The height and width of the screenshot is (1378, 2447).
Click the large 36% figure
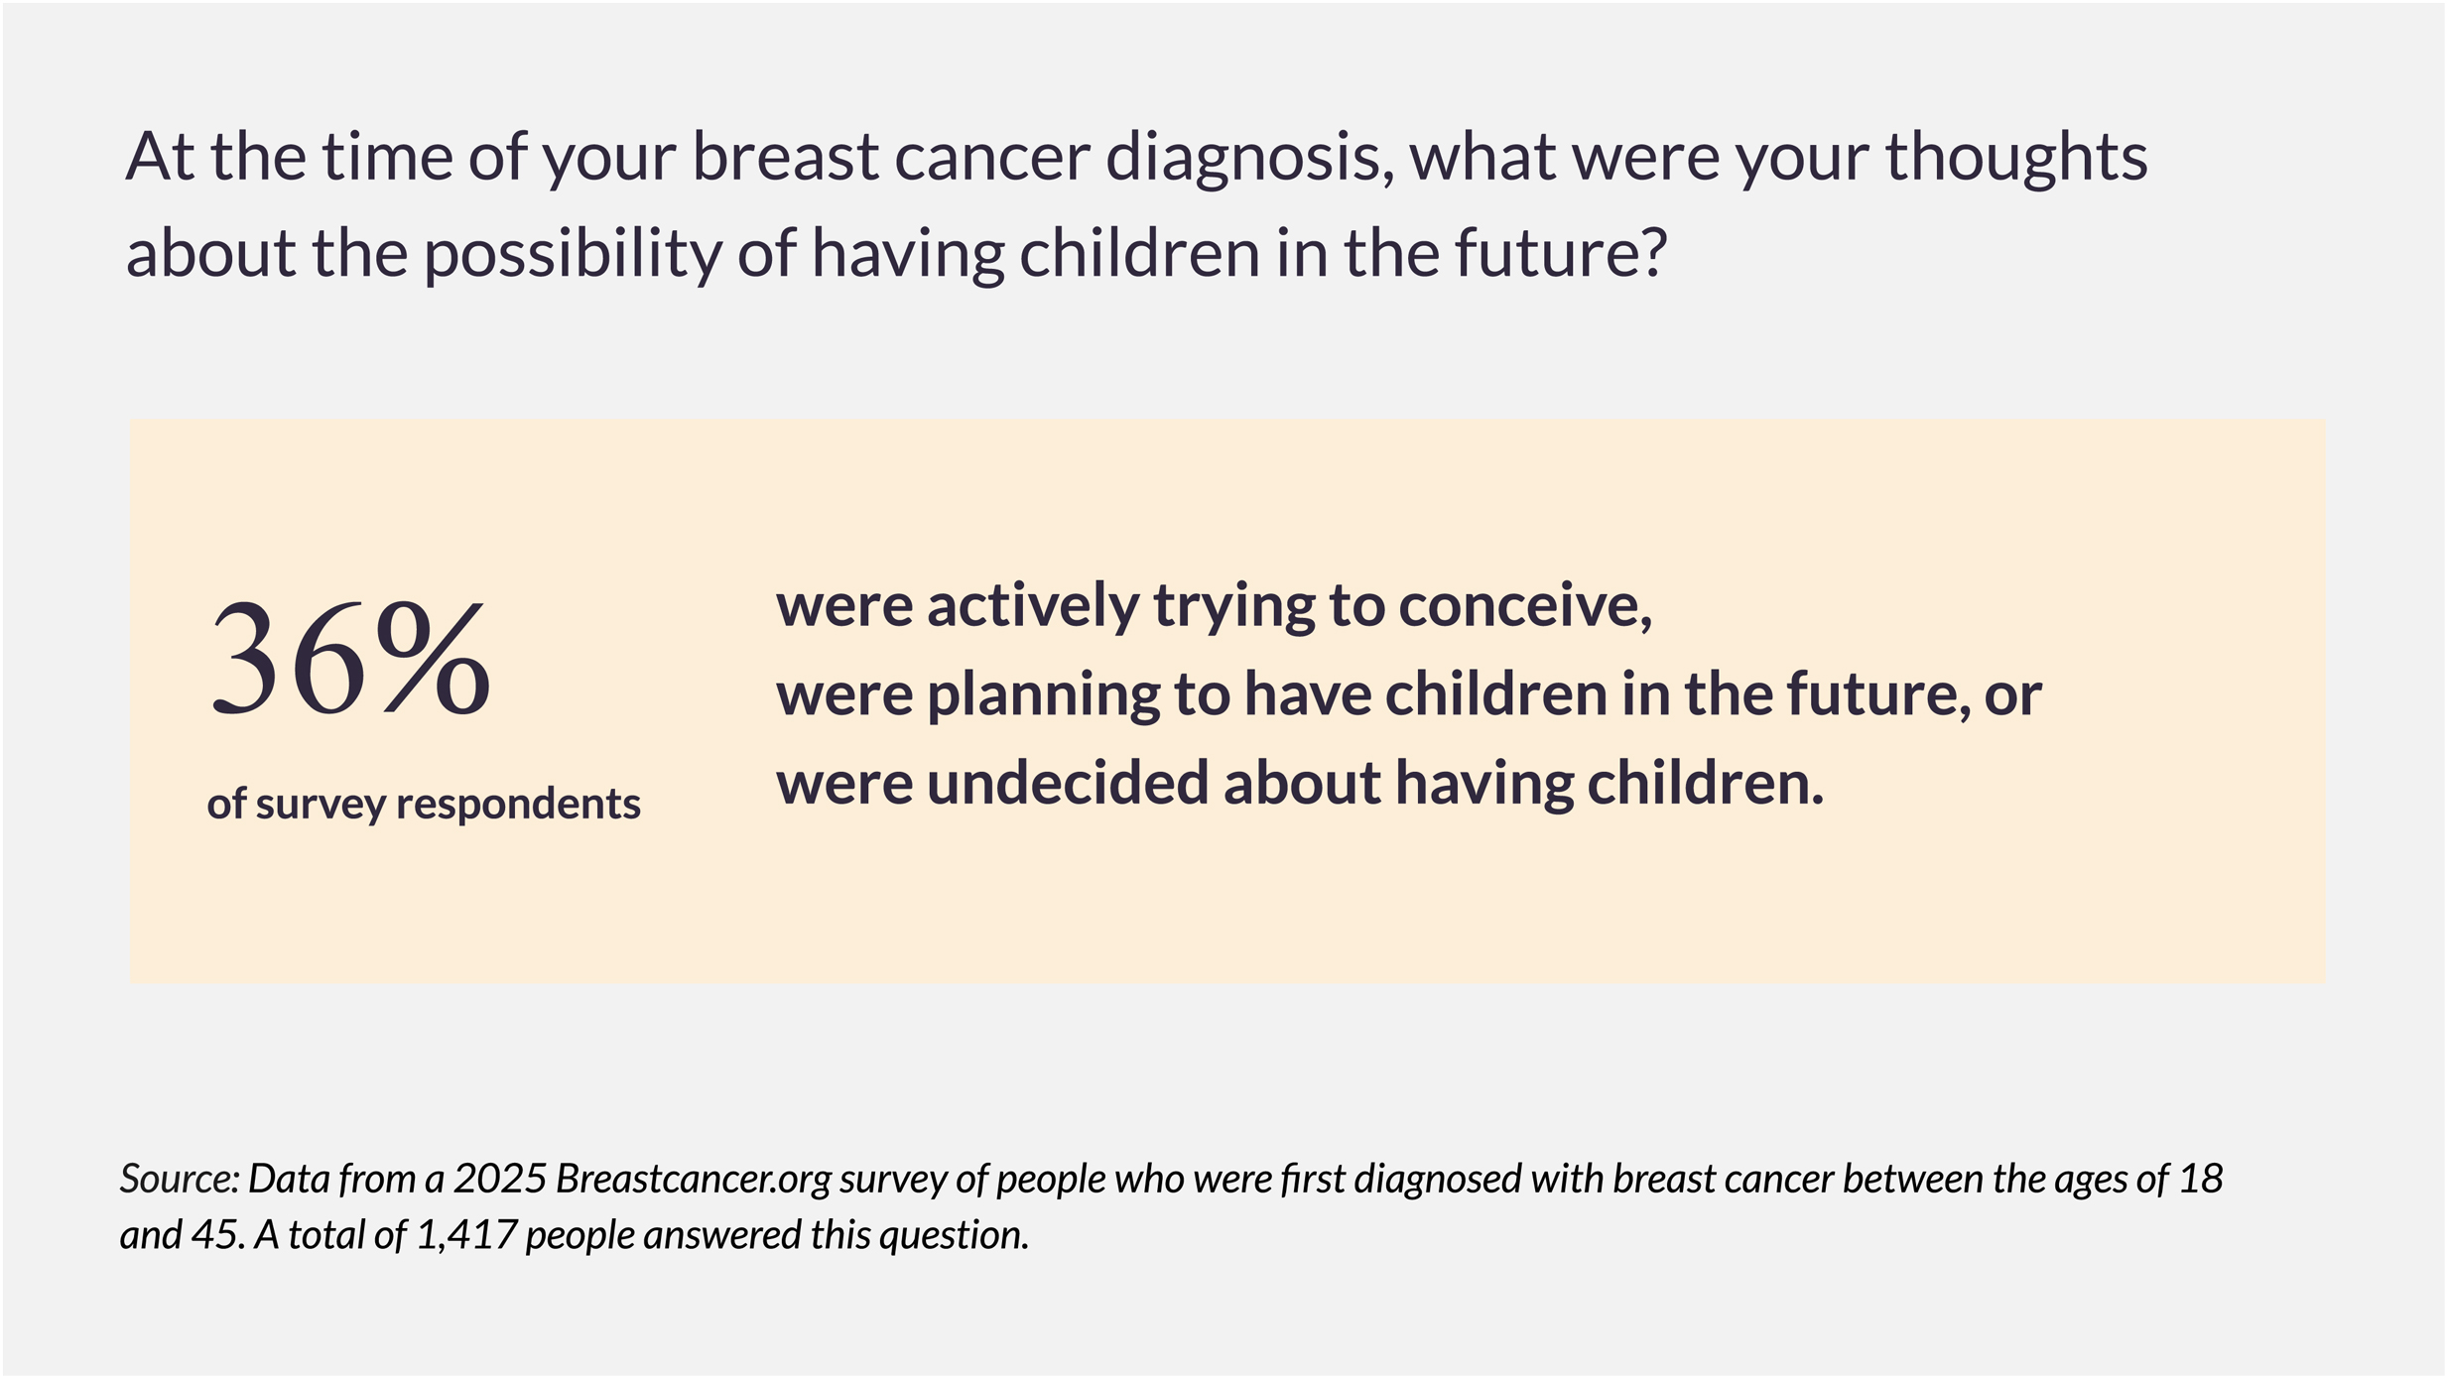click(x=350, y=658)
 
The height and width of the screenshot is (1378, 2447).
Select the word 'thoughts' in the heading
click(x=2015, y=159)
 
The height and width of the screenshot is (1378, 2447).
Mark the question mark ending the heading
click(x=1652, y=252)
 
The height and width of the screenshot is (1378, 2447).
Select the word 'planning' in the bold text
click(x=1043, y=696)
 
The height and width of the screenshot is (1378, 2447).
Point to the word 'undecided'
click(x=1067, y=784)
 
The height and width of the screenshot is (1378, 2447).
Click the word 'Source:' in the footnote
click(x=180, y=1180)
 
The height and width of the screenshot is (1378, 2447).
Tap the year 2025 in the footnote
click(x=500, y=1180)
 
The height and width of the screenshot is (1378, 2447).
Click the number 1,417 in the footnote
click(x=466, y=1236)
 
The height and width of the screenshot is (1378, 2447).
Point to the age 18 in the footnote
click(x=2200, y=1180)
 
